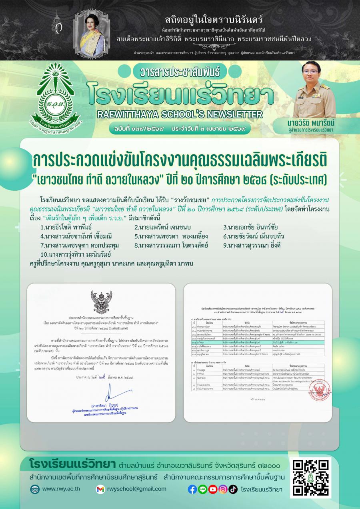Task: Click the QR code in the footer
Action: pyautogui.click(x=310, y=478)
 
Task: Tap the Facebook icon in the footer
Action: pyautogui.click(x=192, y=489)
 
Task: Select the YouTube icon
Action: pyautogui.click(x=213, y=489)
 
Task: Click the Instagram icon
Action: pyautogui.click(x=223, y=489)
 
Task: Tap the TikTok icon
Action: pyautogui.click(x=233, y=489)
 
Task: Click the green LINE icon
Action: pyautogui.click(x=202, y=489)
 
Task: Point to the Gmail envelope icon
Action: pyautogui.click(x=100, y=489)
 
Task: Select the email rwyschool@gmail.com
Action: pyautogui.click(x=136, y=489)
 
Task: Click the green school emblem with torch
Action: pyautogui.click(x=59, y=100)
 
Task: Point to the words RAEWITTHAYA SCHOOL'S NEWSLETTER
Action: pyautogui.click(x=179, y=114)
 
